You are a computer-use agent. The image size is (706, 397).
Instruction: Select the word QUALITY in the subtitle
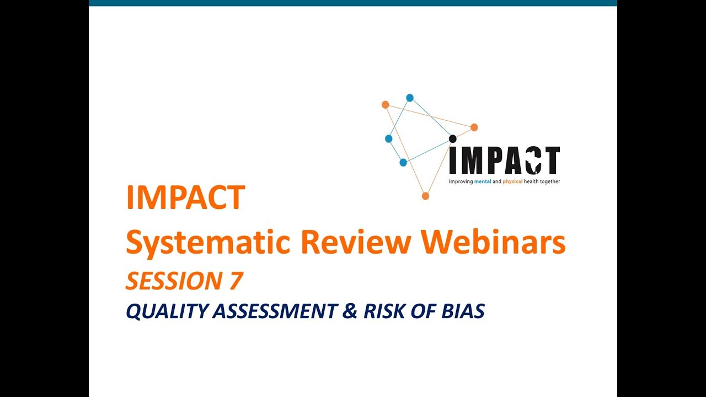click(x=164, y=312)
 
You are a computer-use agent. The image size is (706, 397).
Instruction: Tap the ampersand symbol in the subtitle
click(x=350, y=312)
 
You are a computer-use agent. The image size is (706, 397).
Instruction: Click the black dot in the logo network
click(x=453, y=138)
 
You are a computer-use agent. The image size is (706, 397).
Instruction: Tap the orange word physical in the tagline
click(x=513, y=181)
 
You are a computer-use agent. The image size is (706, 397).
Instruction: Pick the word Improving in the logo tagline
click(x=461, y=181)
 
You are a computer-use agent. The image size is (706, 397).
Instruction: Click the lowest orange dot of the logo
click(x=425, y=196)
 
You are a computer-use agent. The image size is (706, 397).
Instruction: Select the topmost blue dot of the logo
click(x=410, y=98)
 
